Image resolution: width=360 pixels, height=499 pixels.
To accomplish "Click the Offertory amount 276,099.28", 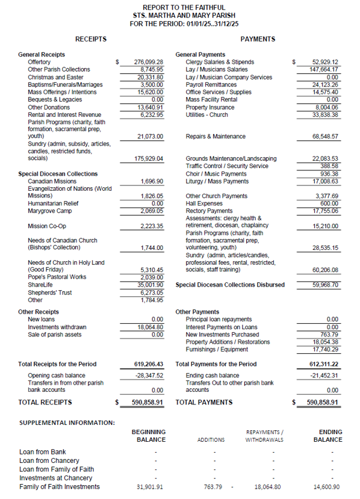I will point(148,62).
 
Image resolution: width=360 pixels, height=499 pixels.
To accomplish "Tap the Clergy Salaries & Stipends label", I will point(220,62).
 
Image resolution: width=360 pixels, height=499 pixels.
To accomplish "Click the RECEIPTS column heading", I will point(91,39).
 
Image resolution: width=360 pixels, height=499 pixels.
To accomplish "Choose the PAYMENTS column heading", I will point(258,39).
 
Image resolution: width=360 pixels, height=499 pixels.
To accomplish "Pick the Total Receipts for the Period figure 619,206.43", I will point(148,364).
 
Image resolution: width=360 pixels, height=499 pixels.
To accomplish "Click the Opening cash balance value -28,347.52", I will point(149,376).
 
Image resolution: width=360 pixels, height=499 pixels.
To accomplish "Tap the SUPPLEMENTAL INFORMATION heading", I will point(67,423).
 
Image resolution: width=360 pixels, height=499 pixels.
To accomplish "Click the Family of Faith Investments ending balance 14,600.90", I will point(327,487).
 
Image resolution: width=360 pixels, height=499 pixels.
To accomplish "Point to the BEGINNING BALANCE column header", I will point(149,436).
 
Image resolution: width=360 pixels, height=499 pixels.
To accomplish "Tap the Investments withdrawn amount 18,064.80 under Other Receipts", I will point(151,327).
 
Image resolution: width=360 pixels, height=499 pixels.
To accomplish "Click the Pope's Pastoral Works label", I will point(57,277).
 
